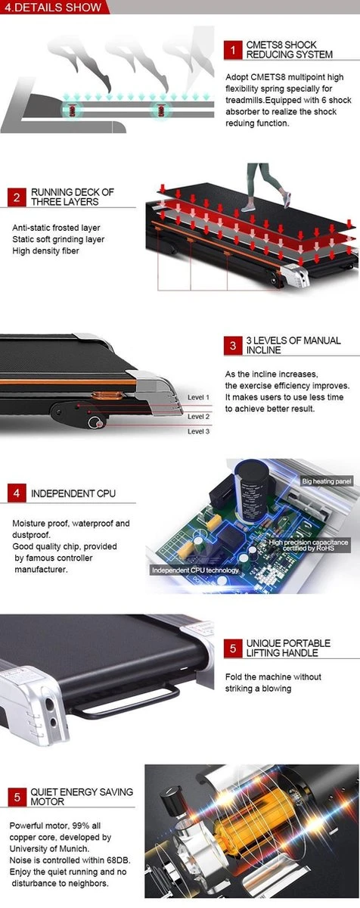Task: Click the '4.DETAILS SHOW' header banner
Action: point(54,7)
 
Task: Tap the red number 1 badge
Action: point(233,50)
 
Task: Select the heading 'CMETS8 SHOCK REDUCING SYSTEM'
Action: point(290,49)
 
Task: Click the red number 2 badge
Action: point(17,197)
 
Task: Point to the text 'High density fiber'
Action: point(45,251)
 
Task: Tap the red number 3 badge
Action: point(233,345)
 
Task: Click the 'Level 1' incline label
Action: point(198,397)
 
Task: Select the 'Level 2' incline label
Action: point(198,416)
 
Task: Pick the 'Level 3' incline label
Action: point(198,431)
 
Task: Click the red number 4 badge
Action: point(17,493)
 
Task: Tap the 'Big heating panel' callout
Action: point(327,481)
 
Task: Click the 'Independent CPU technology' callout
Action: point(195,570)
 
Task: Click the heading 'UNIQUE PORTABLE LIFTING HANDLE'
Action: point(288,648)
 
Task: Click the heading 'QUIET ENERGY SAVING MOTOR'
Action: point(82,797)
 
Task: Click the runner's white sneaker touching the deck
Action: point(248,207)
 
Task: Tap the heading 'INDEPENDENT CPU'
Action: point(73,493)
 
